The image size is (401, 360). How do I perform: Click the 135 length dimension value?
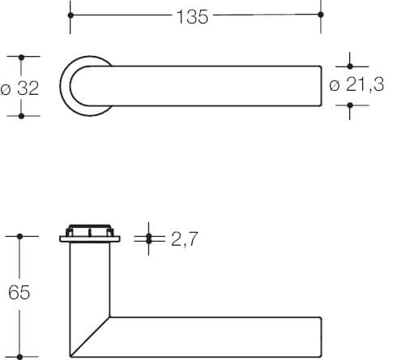tap(192, 17)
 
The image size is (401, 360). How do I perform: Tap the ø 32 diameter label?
tap(19, 88)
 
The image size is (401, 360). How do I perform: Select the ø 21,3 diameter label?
tap(356, 84)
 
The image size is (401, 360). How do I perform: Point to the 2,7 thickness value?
tap(185, 239)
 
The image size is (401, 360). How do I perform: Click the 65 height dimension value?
tap(19, 292)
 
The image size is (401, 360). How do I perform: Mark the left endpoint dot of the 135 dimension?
tap(70, 15)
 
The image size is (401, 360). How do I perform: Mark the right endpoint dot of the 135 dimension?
tap(321, 15)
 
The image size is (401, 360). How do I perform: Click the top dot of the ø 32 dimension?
tap(21, 58)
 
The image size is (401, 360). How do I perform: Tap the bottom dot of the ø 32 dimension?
tap(21, 116)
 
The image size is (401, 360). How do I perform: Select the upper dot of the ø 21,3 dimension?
tap(350, 66)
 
